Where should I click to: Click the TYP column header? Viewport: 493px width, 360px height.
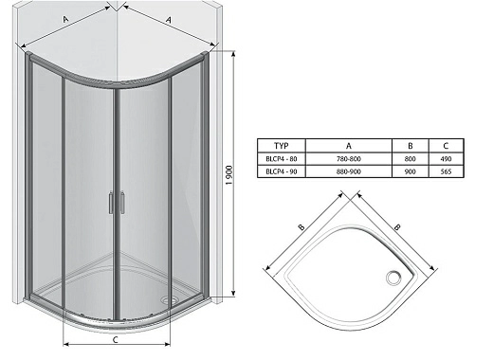[x=282, y=146]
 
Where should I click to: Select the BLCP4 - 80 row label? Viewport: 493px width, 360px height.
[x=282, y=159]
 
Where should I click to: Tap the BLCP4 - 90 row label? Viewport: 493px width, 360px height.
[x=282, y=171]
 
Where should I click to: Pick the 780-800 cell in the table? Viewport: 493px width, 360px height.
[x=349, y=159]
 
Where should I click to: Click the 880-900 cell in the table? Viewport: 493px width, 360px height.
[x=349, y=171]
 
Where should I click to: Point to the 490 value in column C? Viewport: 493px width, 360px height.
[x=446, y=159]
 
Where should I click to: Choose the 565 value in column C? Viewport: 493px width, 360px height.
[x=446, y=171]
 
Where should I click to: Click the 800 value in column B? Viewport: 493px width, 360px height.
[x=410, y=159]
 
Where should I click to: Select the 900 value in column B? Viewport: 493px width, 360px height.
[x=410, y=171]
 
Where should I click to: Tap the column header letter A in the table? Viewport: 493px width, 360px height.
[x=349, y=146]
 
